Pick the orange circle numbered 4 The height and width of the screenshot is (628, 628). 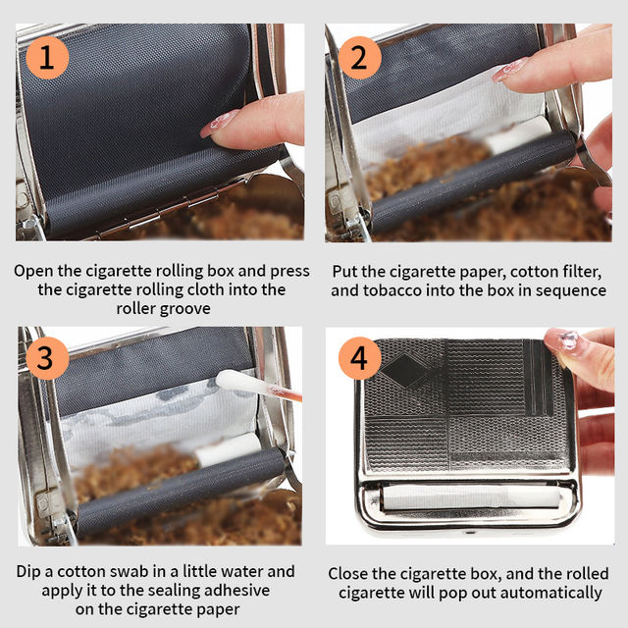(359, 357)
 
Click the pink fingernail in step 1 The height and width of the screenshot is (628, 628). (218, 124)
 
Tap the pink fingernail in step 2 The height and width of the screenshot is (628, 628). (510, 70)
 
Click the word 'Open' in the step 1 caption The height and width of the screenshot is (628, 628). (33, 271)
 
